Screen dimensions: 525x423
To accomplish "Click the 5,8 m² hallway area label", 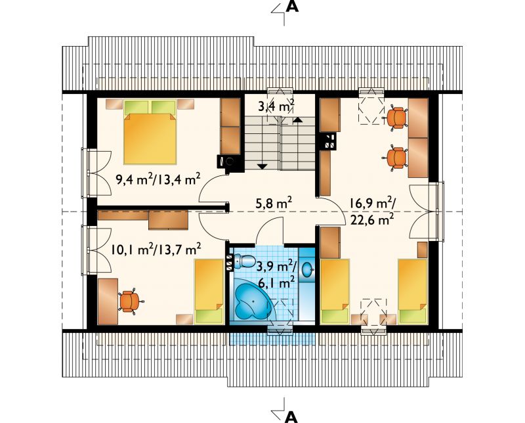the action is click(x=274, y=203).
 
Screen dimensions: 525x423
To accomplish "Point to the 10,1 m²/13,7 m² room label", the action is click(x=156, y=250).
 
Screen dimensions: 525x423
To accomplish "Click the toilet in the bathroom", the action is click(x=243, y=261).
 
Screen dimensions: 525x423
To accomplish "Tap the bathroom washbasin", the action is click(x=307, y=269).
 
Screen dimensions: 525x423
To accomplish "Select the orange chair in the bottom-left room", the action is click(x=129, y=301).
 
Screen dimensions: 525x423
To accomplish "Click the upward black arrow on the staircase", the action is click(x=298, y=119).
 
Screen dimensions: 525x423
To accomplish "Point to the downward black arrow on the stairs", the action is click(x=262, y=166).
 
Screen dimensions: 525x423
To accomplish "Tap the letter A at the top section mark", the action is click(x=292, y=7).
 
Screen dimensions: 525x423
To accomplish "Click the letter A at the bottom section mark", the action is click(x=292, y=416).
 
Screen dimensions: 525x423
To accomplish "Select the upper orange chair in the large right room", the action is click(x=397, y=118).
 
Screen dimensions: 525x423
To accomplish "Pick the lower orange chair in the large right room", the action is click(x=396, y=158).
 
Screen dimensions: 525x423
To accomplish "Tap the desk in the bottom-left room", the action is click(x=108, y=301).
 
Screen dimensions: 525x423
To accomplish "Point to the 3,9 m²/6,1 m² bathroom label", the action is click(x=276, y=275).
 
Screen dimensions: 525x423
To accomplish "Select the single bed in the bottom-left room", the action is click(x=209, y=292).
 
